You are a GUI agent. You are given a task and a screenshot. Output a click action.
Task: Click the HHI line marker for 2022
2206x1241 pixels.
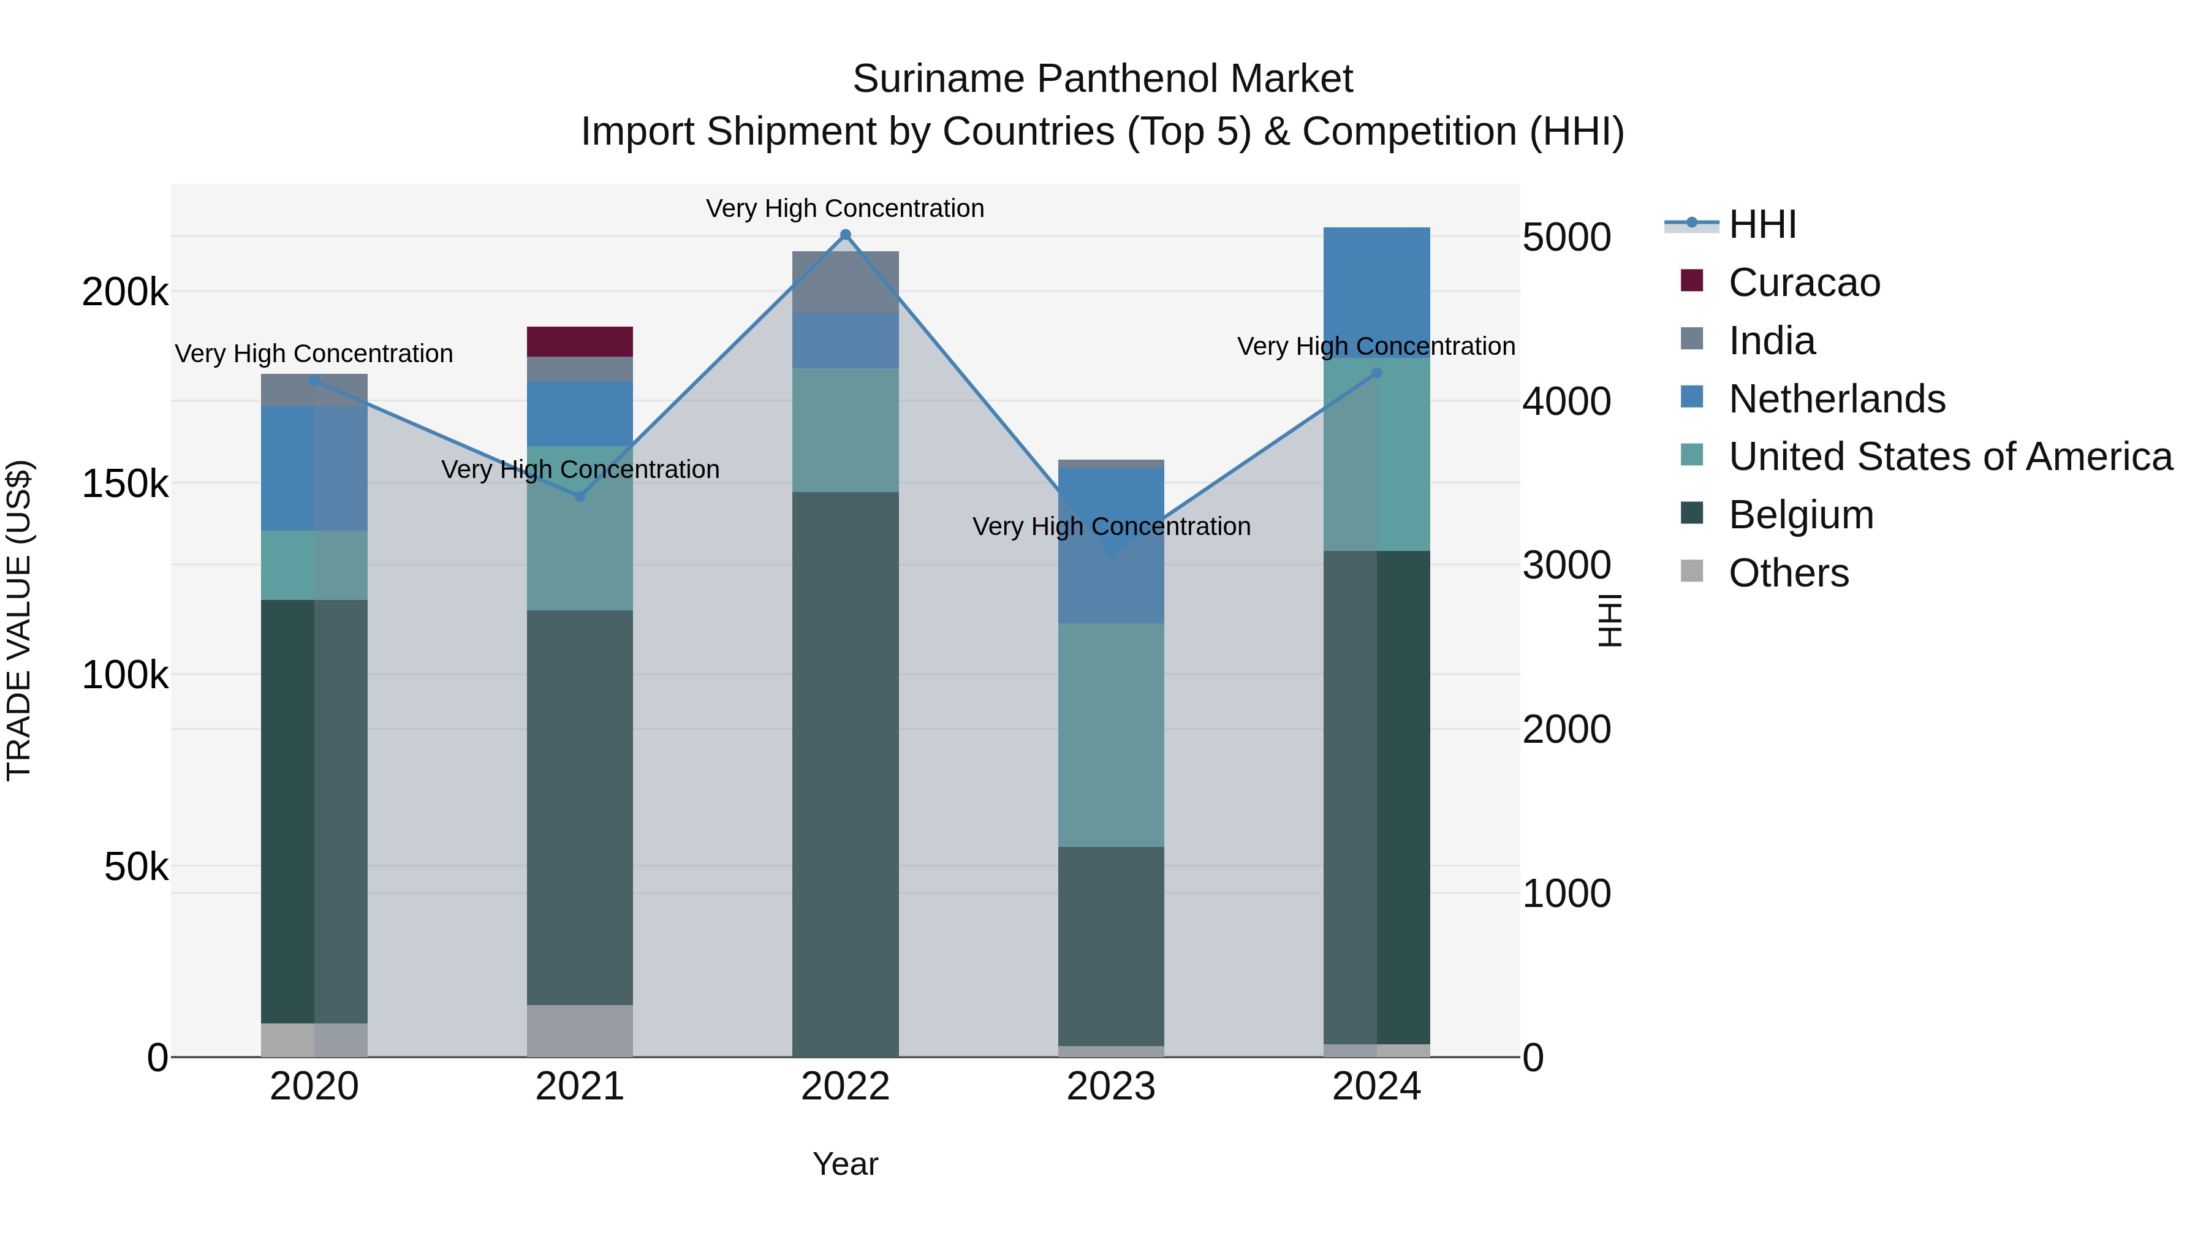pos(845,235)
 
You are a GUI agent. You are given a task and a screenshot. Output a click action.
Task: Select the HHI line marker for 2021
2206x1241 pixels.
pos(580,496)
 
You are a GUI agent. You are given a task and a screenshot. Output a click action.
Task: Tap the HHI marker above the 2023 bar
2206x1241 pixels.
pos(1112,553)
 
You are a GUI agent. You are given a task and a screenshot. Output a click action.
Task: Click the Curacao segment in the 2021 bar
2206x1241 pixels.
pos(580,341)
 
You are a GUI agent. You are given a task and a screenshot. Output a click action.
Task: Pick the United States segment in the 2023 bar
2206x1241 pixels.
pos(1111,734)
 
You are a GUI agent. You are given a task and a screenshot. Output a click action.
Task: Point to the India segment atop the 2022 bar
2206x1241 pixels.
pos(845,282)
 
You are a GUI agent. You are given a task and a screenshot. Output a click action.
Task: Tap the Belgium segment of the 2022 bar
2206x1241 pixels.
pos(845,773)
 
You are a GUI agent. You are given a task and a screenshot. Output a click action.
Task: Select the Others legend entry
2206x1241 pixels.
pos(1788,573)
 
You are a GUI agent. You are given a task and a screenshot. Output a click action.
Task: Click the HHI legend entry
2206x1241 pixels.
pos(1762,224)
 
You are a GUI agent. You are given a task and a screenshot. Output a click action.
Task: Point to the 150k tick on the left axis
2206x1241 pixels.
pos(125,484)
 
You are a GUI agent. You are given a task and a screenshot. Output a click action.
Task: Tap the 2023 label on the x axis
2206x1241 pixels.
pos(1111,1087)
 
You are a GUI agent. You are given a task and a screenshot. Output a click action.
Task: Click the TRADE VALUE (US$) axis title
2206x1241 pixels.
pos(19,620)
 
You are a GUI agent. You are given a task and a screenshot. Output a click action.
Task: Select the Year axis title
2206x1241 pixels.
pos(845,1164)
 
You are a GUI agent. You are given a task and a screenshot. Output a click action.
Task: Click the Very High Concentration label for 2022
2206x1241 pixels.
pos(845,208)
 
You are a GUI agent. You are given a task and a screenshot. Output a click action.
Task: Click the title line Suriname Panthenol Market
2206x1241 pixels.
pos(1102,79)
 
